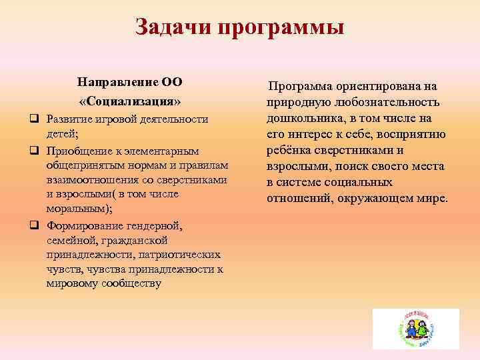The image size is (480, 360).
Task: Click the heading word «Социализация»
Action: tap(131, 102)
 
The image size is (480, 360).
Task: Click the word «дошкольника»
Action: tap(303, 119)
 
